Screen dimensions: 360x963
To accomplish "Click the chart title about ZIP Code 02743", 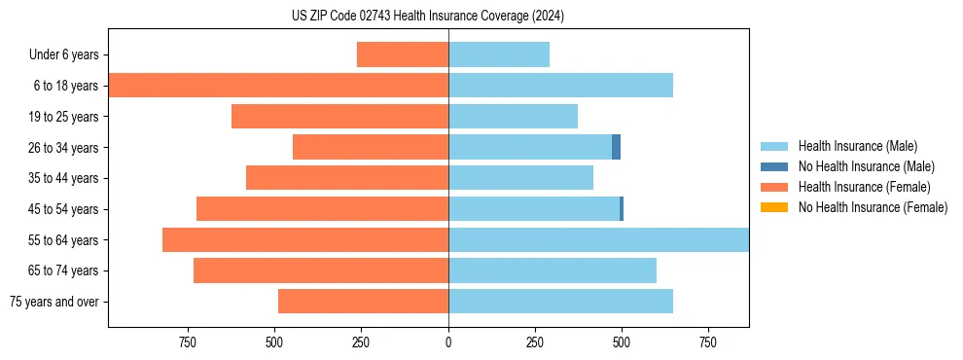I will [428, 16].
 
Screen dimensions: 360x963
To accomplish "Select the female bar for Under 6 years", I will [403, 54].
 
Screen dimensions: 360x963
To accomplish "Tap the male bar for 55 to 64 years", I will [598, 239].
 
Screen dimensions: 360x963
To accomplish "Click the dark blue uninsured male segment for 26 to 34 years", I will [616, 147].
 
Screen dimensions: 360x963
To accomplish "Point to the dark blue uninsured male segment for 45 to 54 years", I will [622, 209].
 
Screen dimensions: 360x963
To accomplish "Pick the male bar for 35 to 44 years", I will [520, 178].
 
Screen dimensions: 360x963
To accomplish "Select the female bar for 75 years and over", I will [363, 302].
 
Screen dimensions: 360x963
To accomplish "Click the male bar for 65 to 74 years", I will [553, 270].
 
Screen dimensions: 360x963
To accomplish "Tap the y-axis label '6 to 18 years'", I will [65, 86].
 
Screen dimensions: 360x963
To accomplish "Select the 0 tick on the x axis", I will [448, 342].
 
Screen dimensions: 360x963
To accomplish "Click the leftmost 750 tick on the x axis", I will [188, 342].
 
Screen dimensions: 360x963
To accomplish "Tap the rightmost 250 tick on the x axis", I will [535, 342].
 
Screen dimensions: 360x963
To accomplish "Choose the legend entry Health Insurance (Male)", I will [857, 146].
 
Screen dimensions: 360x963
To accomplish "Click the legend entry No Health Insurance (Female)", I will [873, 207].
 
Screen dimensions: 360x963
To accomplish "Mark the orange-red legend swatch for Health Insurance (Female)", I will [774, 187].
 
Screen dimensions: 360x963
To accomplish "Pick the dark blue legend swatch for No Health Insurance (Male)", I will [774, 166].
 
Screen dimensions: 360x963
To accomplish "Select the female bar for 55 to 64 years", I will [305, 239].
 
